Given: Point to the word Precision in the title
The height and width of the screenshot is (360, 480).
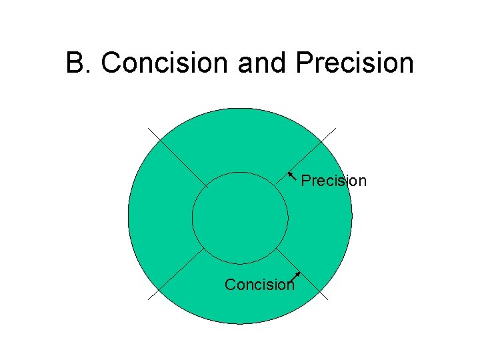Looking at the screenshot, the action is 353,64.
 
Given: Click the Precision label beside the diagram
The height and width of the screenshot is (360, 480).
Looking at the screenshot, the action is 334,181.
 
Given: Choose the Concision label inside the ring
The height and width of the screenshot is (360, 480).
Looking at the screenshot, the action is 259,285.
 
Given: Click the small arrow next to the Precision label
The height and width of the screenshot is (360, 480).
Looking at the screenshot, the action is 292,177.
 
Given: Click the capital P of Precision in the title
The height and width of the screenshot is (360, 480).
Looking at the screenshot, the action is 303,64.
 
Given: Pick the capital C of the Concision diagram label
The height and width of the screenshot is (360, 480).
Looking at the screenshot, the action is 230,285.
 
